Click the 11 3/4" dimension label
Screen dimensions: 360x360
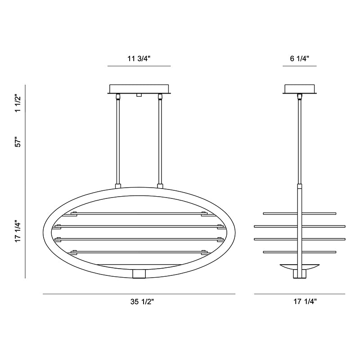pos(139,58)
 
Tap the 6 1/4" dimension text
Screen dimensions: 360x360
pos(300,58)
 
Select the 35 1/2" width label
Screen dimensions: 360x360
pos(142,301)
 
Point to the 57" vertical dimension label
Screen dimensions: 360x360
pos(18,142)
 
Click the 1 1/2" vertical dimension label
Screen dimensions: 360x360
pos(18,103)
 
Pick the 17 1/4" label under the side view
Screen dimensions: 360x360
pos(305,301)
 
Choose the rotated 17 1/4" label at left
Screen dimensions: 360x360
pos(18,232)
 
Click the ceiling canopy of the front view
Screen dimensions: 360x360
pos(139,89)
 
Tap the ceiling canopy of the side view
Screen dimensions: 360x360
pos(300,89)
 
